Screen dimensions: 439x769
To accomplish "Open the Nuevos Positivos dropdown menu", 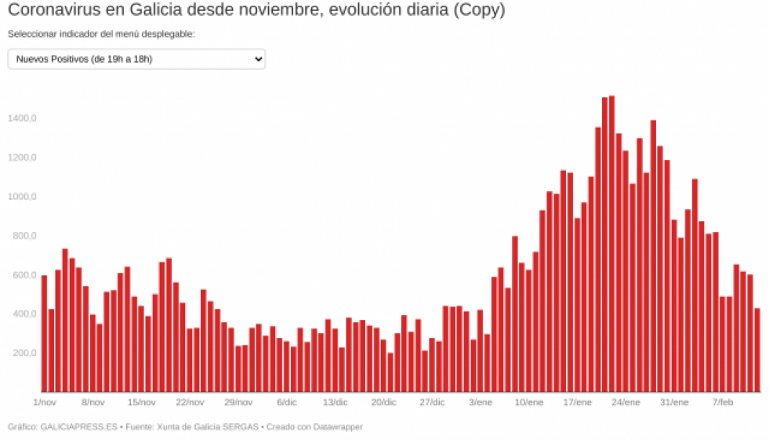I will coord(136,60).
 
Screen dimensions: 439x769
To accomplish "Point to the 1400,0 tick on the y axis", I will coord(22,118).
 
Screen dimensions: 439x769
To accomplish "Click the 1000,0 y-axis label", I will coord(22,197).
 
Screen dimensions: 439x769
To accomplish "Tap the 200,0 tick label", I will coord(24,353).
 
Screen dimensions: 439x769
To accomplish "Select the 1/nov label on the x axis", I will coord(45,402).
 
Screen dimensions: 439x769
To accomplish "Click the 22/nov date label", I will coord(190,402).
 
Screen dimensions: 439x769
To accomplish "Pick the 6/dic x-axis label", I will coord(287,402).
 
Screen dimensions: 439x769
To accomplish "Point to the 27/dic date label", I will coord(432,402).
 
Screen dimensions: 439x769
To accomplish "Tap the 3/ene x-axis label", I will coord(481,402).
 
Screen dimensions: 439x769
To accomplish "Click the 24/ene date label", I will coord(626,402).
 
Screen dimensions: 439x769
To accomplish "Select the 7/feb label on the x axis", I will coord(722,402).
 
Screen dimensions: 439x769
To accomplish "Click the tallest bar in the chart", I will coord(611,243).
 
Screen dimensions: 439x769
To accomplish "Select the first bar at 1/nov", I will coord(44,333).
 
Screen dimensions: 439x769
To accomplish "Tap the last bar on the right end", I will coord(757,350).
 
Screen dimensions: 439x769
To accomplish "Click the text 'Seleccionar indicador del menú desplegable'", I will coord(101,34).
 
